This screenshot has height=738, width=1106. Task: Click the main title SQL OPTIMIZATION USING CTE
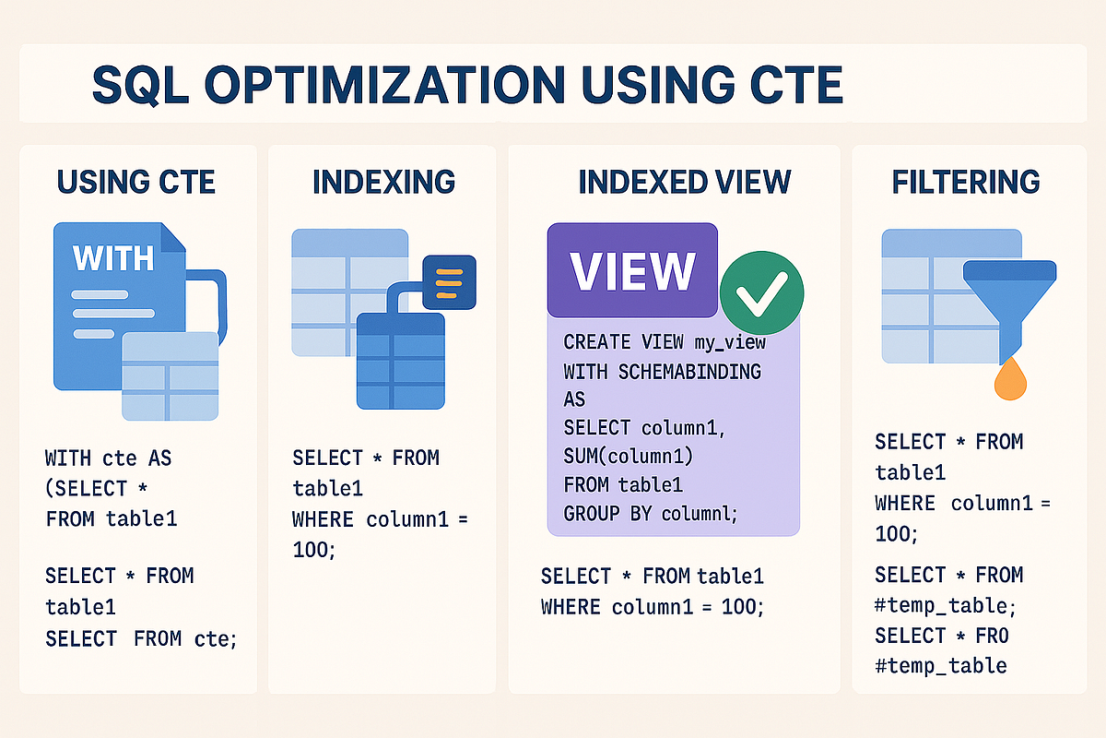click(x=467, y=85)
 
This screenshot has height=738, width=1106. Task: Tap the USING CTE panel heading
click(x=136, y=182)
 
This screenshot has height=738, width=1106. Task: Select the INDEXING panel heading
click(x=383, y=182)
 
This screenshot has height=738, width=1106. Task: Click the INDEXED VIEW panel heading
click(x=684, y=182)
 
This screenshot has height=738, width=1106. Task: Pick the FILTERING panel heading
click(x=966, y=182)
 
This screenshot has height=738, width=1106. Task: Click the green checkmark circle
click(x=761, y=292)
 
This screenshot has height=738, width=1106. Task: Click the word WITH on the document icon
click(x=112, y=257)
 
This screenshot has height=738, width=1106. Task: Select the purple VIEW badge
click(x=632, y=270)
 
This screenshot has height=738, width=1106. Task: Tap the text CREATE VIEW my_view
click(x=665, y=342)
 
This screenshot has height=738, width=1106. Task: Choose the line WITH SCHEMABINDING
click(x=662, y=372)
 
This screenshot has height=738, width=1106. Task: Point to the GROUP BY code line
click(x=651, y=514)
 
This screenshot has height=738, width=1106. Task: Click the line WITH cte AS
click(x=108, y=458)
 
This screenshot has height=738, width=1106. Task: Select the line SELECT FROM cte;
click(x=141, y=637)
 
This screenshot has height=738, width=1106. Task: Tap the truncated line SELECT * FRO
click(x=942, y=636)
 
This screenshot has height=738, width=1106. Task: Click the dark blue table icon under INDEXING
click(x=400, y=360)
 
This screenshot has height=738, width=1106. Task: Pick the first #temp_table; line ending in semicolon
click(x=946, y=606)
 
